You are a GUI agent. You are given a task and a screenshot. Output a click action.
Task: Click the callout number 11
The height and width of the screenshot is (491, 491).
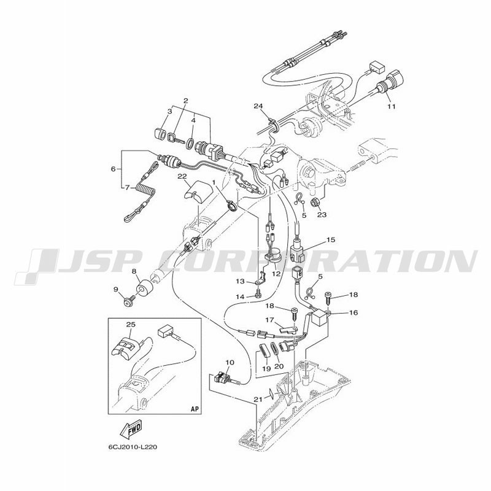[x=391, y=106]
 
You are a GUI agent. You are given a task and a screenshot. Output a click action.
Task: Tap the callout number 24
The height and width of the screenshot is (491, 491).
[x=258, y=106]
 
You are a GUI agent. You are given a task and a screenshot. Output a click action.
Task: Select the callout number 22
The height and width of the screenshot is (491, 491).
[x=182, y=176]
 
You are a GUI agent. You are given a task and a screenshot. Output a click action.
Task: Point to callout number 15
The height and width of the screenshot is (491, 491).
[x=331, y=239]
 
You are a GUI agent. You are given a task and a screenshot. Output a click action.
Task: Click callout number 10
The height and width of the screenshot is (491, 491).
[x=230, y=362]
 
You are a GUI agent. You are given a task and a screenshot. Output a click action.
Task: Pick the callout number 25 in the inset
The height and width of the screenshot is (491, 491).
[x=131, y=325]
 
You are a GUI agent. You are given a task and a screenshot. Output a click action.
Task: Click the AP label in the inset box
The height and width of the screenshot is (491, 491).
[x=195, y=409]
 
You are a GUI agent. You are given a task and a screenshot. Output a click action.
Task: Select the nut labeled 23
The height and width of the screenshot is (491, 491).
[x=314, y=203]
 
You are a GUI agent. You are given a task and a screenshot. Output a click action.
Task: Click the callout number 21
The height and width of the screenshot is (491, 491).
[x=257, y=400]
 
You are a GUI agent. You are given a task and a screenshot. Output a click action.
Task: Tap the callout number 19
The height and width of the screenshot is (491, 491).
[x=266, y=369]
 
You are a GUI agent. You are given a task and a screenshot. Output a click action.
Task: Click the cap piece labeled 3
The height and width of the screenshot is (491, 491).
[x=160, y=134]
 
